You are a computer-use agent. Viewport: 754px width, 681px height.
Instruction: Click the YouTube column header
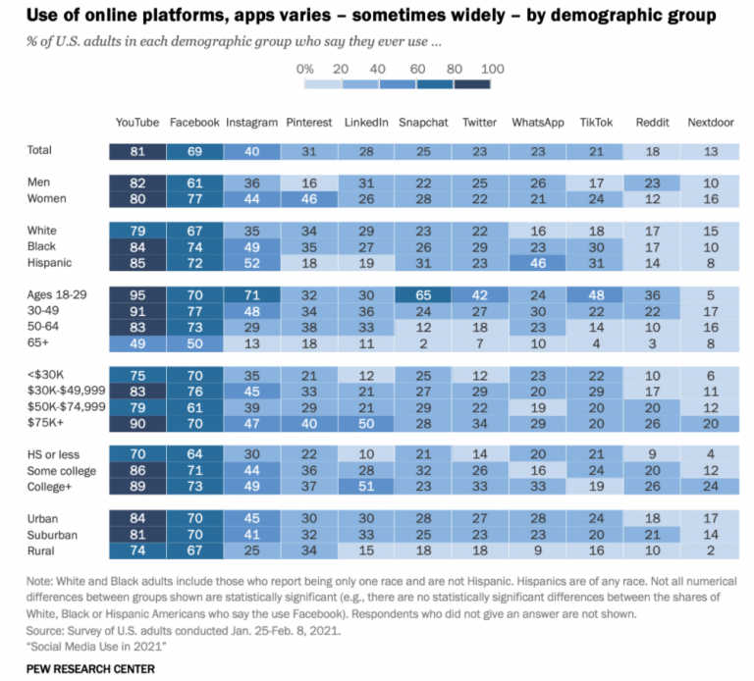[136, 123]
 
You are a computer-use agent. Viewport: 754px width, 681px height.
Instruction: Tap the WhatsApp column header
[537, 123]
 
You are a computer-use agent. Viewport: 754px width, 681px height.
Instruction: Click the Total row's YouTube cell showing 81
[136, 151]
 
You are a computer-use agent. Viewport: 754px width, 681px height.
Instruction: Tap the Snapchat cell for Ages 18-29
[423, 293]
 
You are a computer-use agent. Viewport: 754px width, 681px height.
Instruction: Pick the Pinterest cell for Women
[309, 198]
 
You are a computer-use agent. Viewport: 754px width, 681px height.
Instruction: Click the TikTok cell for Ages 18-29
[595, 293]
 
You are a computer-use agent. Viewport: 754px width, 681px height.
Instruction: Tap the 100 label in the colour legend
[493, 69]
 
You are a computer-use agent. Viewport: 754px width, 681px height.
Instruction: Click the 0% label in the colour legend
[304, 69]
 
